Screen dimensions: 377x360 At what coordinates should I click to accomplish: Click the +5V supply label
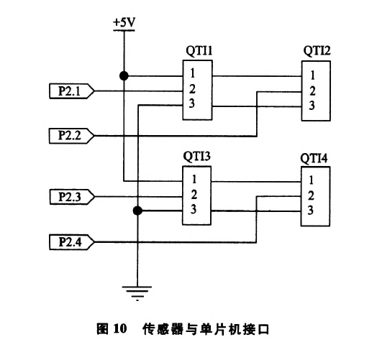(124, 22)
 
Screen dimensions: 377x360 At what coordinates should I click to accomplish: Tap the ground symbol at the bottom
(137, 293)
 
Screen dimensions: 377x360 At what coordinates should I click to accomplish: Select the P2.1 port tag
(72, 91)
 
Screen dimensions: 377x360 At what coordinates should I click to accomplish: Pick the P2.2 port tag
(71, 136)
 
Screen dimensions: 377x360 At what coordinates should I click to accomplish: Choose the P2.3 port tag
(72, 197)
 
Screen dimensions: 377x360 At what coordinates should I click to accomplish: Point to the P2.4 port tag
(72, 242)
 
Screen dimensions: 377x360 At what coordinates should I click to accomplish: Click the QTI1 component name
(199, 51)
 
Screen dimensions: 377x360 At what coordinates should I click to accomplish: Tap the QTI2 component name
(317, 51)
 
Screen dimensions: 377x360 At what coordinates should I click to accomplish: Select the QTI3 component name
(196, 157)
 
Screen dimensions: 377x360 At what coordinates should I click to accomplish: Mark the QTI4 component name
(314, 158)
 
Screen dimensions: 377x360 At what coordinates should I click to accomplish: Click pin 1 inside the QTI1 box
(192, 73)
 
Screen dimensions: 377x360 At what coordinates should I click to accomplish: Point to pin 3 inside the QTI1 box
(191, 103)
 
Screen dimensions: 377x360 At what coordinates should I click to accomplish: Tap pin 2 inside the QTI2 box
(312, 91)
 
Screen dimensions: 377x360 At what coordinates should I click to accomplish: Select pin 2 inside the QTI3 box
(194, 195)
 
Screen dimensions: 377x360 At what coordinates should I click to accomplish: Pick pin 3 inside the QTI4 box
(311, 210)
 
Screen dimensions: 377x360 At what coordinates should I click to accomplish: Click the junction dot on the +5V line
(124, 76)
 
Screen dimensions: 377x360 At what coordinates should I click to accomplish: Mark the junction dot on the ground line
(137, 211)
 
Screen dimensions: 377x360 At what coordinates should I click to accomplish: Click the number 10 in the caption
(120, 328)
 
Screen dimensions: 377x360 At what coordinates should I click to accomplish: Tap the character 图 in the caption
(102, 328)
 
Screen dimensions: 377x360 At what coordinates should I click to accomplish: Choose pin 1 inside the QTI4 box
(311, 180)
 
